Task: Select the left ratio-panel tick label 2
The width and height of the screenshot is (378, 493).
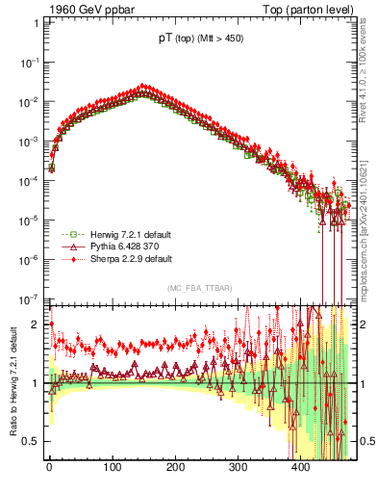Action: tap(35, 324)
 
